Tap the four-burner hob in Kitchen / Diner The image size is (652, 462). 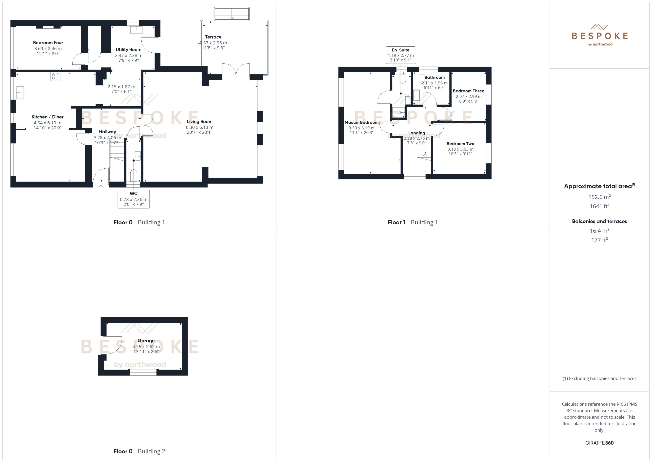tap(56, 76)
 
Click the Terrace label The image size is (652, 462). tap(213, 37)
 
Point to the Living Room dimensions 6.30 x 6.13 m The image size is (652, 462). tap(200, 127)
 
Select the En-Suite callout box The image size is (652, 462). tap(401, 55)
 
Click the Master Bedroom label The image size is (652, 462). tap(361, 122)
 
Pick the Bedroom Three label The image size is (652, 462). tap(469, 91)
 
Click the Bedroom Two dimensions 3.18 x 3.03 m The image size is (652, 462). tap(460, 149)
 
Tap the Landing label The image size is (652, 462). tap(417, 133)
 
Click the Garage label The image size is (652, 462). tap(146, 341)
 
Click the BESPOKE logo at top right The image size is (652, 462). tap(599, 36)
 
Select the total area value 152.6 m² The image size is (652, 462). tap(599, 197)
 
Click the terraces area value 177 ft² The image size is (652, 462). tap(599, 240)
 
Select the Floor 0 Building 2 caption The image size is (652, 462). tap(139, 451)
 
